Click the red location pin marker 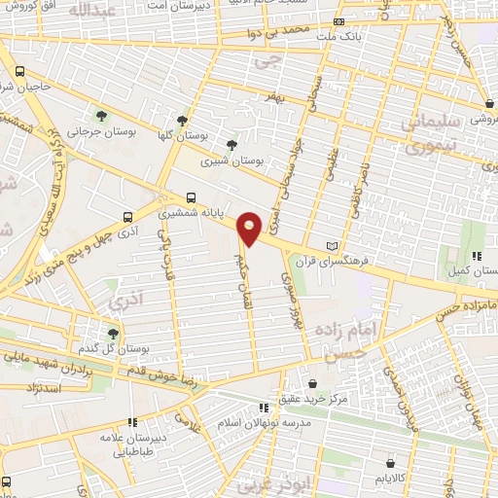tap(250, 228)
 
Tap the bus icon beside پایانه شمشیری tap(192, 195)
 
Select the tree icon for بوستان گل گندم tap(114, 333)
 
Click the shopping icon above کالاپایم tap(390, 463)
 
